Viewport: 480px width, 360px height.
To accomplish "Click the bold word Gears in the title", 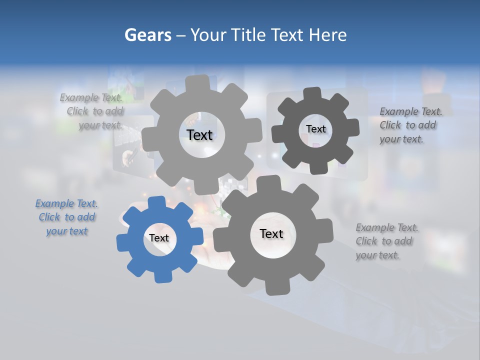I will pos(147,35).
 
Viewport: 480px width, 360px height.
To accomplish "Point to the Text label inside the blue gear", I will pos(159,238).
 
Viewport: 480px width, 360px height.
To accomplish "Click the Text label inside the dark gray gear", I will pos(315,129).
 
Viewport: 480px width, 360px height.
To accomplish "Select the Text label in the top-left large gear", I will pos(199,135).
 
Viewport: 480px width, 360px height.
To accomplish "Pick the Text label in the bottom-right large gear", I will pos(271,233).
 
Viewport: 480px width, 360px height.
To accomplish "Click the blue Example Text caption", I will pos(66,217).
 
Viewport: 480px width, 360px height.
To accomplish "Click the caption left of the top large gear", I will pos(95,111).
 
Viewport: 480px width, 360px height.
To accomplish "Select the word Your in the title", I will pos(209,35).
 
